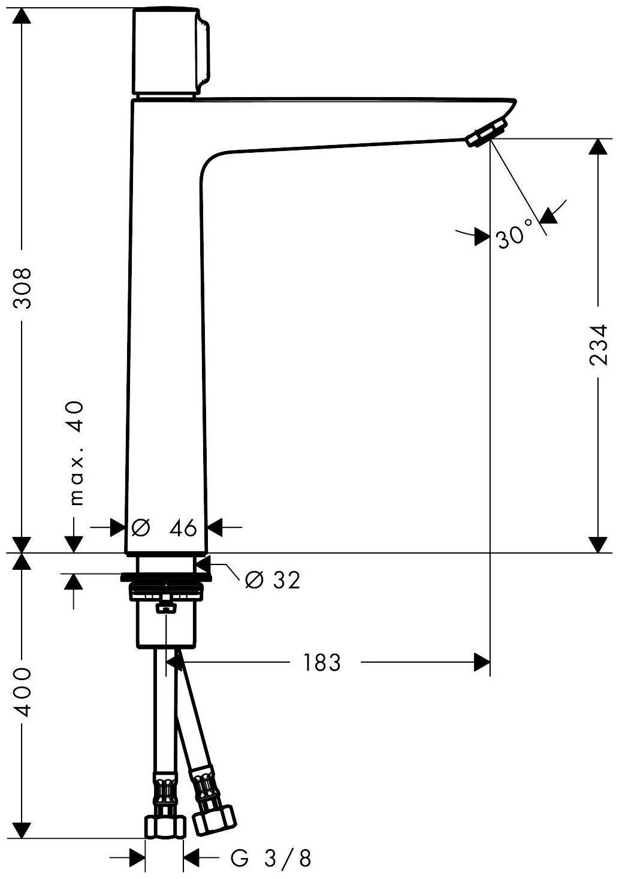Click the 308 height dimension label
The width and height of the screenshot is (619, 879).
click(x=22, y=289)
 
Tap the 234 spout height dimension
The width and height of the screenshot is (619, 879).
click(x=599, y=345)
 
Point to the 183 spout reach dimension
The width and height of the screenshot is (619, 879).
click(x=322, y=663)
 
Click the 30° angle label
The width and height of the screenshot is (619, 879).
click(x=515, y=235)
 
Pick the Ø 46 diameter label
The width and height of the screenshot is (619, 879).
click(x=164, y=528)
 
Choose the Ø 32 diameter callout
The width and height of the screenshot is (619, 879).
click(x=273, y=580)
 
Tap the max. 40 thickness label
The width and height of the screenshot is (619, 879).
click(x=77, y=453)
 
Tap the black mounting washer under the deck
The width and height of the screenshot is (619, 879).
click(x=166, y=577)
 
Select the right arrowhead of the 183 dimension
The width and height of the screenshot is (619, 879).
click(x=482, y=662)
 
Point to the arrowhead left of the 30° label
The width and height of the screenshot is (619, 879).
click(x=482, y=237)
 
